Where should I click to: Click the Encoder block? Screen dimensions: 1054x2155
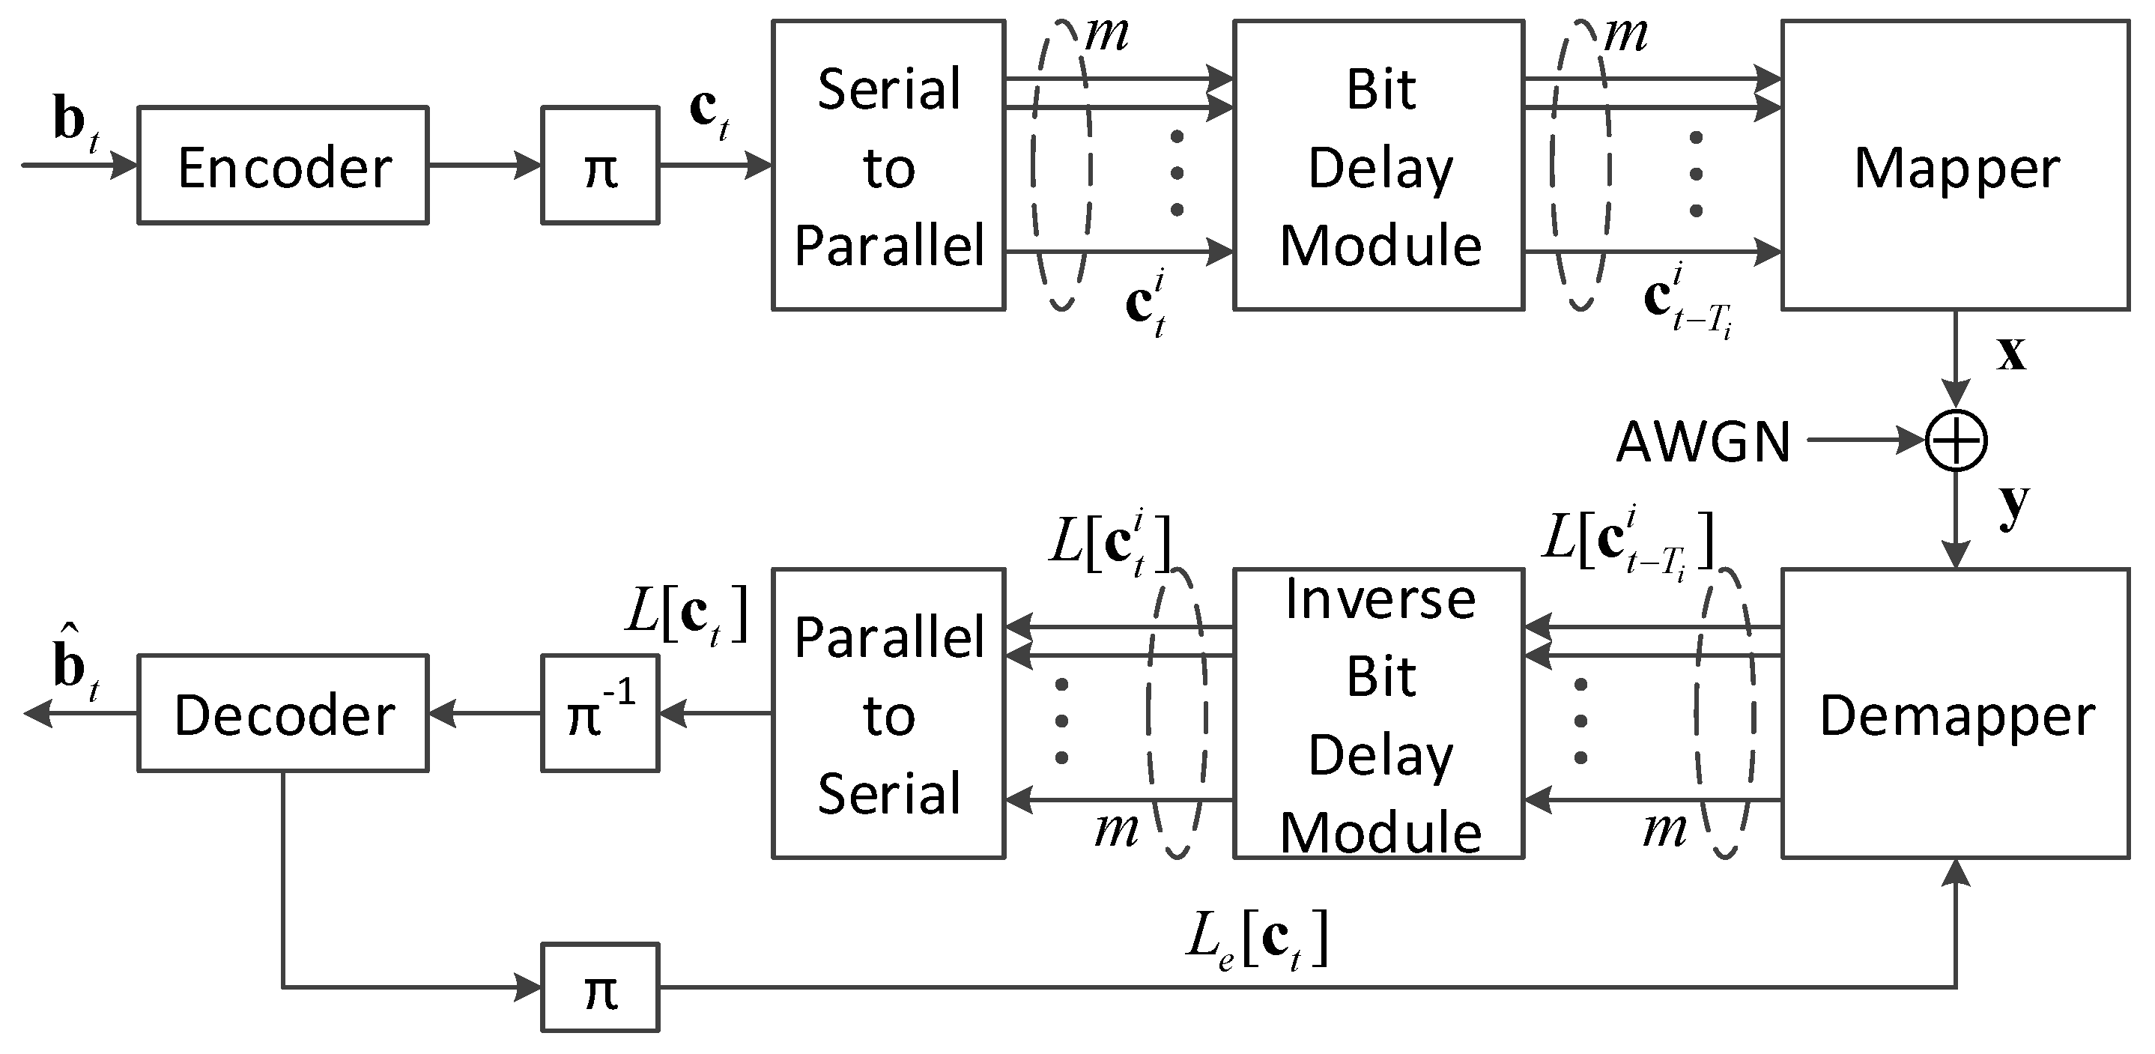282,166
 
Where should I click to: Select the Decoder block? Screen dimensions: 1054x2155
282,714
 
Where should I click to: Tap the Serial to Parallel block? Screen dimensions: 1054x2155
888,166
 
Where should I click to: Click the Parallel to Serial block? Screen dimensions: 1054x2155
888,714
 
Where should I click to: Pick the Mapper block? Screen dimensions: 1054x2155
1956,166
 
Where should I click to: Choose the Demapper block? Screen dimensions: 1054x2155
1956,714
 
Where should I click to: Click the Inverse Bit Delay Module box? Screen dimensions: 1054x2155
1379,714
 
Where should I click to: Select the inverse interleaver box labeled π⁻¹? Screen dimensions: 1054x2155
600,714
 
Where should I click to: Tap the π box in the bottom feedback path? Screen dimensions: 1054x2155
600,988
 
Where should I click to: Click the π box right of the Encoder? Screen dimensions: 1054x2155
600,166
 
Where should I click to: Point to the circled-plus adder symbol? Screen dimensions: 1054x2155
1956,440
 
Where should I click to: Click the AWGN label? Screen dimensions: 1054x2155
1703,440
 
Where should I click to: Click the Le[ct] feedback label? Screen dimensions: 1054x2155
1258,941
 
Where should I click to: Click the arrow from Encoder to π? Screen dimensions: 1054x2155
485,166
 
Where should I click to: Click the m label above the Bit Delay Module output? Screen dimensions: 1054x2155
1625,35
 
